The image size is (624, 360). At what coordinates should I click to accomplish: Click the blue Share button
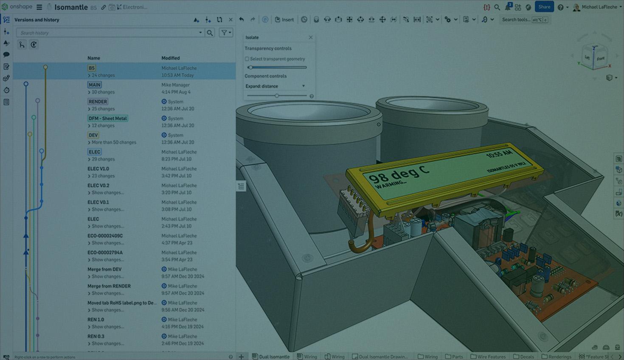[x=544, y=7]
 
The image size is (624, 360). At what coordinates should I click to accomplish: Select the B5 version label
[x=92, y=68]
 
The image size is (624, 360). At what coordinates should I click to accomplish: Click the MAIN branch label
[x=94, y=85]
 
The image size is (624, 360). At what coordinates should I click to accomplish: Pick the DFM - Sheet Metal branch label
[x=107, y=118]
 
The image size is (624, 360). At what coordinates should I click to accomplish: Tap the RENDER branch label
[x=98, y=101]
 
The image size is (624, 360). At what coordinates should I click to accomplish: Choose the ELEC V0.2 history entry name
[x=98, y=186]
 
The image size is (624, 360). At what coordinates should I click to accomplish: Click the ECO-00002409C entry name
[x=105, y=236]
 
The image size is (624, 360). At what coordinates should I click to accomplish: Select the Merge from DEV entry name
[x=104, y=269]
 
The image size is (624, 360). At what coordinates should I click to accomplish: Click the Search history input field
[x=108, y=33]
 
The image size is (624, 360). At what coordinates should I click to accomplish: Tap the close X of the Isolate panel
[x=311, y=37]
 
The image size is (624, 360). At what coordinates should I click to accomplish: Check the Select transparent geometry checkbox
[x=247, y=59]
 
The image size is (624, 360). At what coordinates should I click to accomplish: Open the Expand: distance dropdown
[x=275, y=86]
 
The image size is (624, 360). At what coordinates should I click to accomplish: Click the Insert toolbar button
[x=284, y=20]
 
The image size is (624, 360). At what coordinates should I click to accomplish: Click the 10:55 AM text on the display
[x=499, y=154]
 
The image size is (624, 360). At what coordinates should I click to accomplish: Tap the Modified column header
[x=170, y=58]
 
